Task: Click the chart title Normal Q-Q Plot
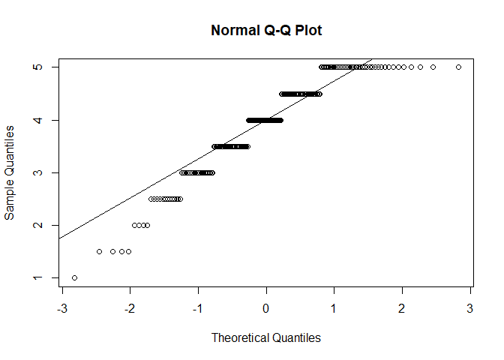click(266, 31)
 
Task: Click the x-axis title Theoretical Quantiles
click(266, 337)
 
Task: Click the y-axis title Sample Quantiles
click(10, 172)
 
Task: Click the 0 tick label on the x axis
click(266, 309)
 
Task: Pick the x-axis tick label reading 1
click(334, 309)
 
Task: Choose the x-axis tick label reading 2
click(402, 309)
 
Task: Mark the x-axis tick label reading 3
click(470, 309)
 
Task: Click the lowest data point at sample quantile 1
click(74, 278)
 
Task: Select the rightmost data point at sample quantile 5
click(458, 67)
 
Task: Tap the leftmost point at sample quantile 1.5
click(99, 252)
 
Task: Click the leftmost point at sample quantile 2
click(134, 225)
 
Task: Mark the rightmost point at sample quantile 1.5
click(129, 252)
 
